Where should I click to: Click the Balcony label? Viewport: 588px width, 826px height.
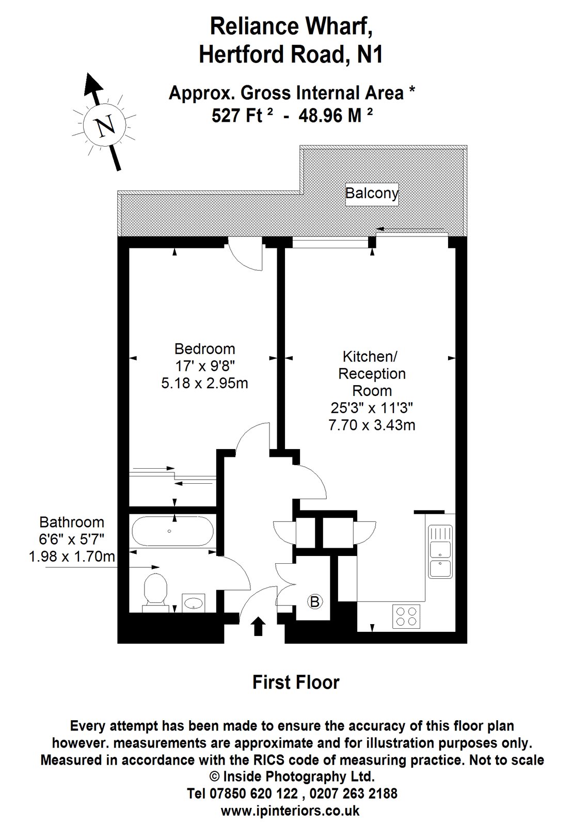(372, 194)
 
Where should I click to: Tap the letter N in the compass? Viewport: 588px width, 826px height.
(106, 125)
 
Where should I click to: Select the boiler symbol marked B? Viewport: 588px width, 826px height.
(315, 601)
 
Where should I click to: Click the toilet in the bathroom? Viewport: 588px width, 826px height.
(153, 590)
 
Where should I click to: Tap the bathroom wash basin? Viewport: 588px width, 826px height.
(194, 602)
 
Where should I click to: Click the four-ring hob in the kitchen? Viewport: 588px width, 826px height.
(406, 616)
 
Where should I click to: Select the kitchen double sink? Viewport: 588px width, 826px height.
(440, 551)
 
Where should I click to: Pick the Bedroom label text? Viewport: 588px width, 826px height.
(204, 348)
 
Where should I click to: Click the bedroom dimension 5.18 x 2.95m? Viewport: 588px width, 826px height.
(204, 384)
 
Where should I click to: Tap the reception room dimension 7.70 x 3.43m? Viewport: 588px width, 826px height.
(372, 425)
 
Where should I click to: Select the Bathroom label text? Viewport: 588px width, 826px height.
(72, 522)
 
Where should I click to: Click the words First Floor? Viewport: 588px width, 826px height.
(296, 682)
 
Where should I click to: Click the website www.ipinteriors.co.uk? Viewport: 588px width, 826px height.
(290, 811)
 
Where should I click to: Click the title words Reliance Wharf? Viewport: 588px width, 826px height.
(292, 27)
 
